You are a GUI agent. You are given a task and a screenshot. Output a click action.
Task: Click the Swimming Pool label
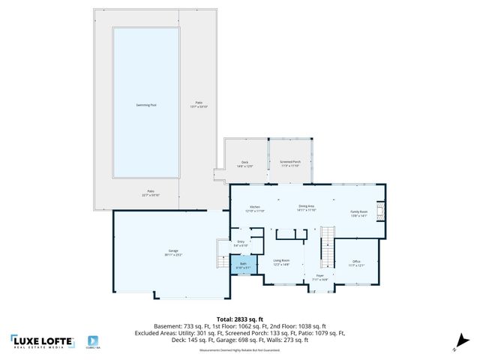click(x=146, y=105)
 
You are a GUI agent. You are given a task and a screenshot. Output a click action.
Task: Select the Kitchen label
click(x=254, y=208)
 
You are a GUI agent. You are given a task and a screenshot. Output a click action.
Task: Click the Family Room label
click(x=359, y=212)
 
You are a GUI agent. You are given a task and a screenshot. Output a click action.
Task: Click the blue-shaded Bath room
click(x=244, y=265)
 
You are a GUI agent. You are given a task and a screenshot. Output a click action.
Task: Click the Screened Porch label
click(x=289, y=163)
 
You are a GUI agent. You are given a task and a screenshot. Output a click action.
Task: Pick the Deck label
click(x=244, y=163)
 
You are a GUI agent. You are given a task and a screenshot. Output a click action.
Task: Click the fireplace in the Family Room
click(x=380, y=211)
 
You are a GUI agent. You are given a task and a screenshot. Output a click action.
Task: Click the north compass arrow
click(x=457, y=346)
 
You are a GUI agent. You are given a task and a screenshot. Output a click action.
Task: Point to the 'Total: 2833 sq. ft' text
click(x=239, y=318)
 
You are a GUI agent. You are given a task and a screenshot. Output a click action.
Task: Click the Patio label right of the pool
click(x=199, y=105)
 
